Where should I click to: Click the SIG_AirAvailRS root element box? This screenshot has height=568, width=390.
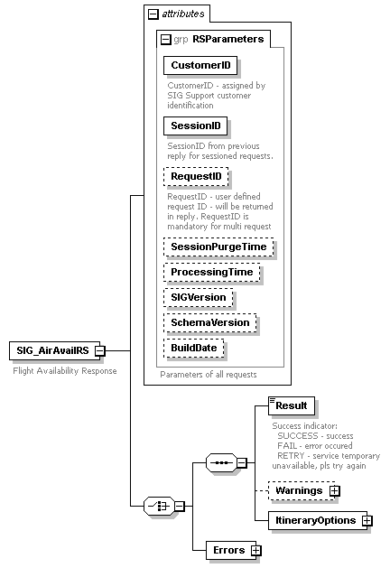click(51, 350)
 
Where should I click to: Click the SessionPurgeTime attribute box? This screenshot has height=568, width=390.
click(219, 246)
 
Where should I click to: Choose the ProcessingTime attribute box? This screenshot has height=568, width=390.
click(214, 272)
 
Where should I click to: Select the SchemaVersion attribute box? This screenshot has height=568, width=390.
click(210, 322)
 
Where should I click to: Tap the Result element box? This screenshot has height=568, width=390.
click(291, 406)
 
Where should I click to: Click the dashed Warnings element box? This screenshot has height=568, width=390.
click(298, 490)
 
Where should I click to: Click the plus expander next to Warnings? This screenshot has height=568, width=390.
click(334, 490)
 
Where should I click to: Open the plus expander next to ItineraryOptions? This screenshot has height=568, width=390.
click(367, 521)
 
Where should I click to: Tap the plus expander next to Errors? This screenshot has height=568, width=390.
click(255, 549)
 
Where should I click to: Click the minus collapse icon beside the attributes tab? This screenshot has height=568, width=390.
click(153, 14)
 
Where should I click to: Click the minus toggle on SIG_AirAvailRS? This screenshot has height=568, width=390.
click(99, 350)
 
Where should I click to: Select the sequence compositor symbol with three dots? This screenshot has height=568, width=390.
click(221, 462)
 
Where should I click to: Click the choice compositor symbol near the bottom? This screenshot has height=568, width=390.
click(159, 507)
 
